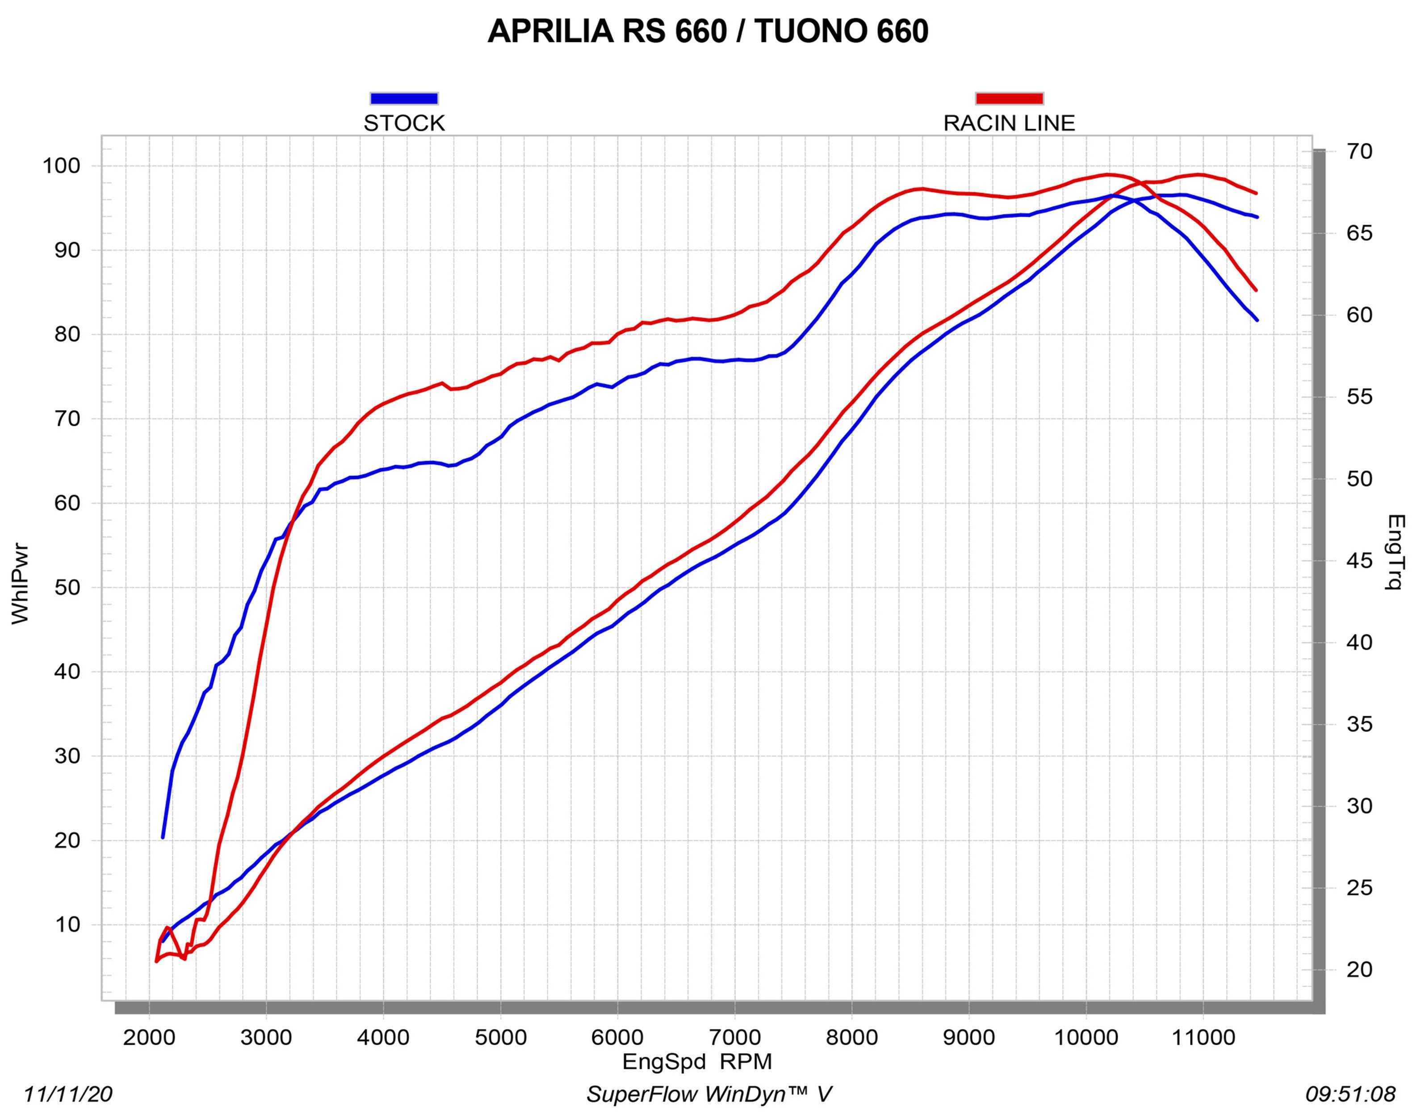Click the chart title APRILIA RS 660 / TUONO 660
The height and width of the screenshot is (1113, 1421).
(708, 31)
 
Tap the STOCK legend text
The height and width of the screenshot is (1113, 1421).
(404, 123)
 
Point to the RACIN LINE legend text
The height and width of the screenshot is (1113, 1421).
(1009, 123)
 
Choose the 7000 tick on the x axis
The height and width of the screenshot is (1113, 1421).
(734, 1037)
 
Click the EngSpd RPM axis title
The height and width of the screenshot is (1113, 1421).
(696, 1062)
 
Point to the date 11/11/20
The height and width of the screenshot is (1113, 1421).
(68, 1095)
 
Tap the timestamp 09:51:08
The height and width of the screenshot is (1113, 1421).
(1350, 1095)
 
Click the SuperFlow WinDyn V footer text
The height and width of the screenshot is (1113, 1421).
(709, 1095)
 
